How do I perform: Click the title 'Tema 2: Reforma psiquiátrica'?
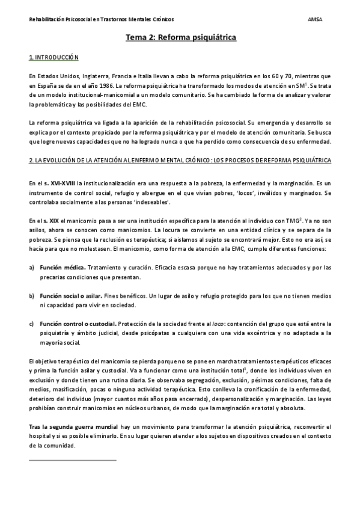tap(180, 38)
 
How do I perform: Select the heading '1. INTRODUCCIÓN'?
tap(53, 58)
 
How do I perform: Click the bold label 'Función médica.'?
tap(63, 267)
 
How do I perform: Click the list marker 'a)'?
tap(31, 267)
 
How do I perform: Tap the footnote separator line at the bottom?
tap(72, 460)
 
